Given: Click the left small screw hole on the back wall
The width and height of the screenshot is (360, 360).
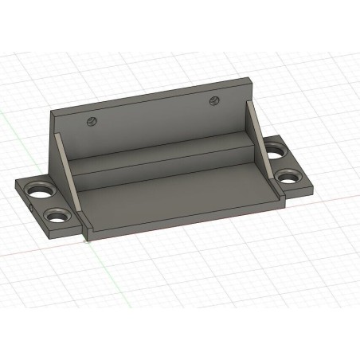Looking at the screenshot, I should click(92, 122).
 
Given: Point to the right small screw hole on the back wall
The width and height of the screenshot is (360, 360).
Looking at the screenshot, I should click(214, 100).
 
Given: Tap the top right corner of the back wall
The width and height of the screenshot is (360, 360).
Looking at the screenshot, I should click(252, 78).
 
